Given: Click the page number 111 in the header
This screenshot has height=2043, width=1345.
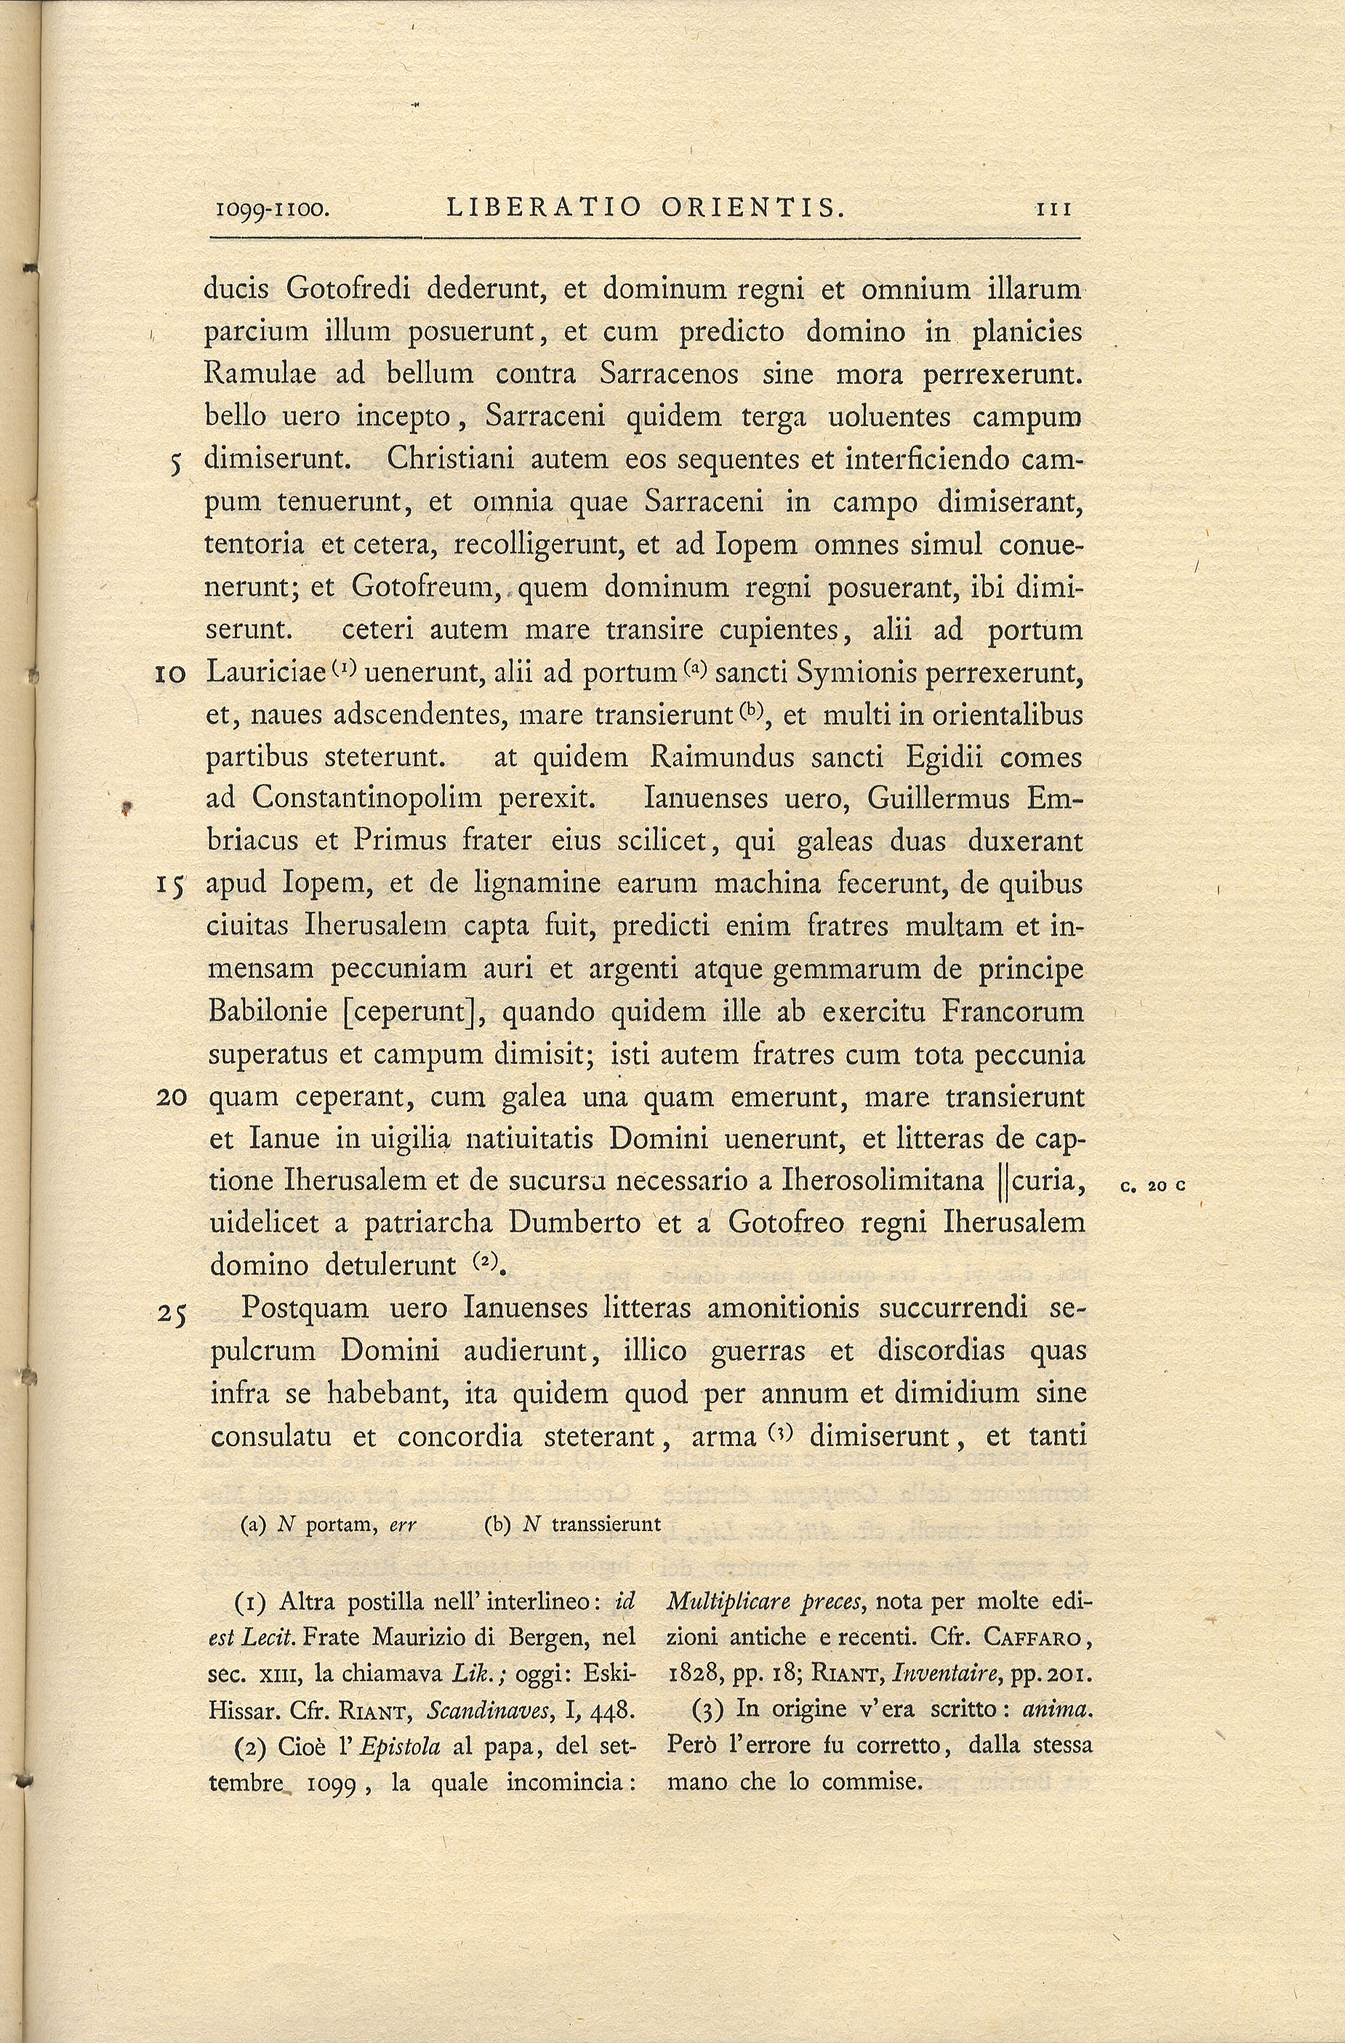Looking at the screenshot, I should pyautogui.click(x=1055, y=209).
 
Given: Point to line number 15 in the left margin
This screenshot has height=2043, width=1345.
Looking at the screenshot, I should pyautogui.click(x=172, y=884).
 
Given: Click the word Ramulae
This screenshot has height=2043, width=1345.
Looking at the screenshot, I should pyautogui.click(x=260, y=374).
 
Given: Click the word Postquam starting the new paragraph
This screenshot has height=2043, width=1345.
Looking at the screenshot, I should pyautogui.click(x=305, y=1309).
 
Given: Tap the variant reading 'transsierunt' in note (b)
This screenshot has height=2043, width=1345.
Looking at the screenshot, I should pyautogui.click(x=606, y=1525).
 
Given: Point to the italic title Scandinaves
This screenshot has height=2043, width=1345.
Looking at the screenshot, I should pyautogui.click(x=488, y=1709).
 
